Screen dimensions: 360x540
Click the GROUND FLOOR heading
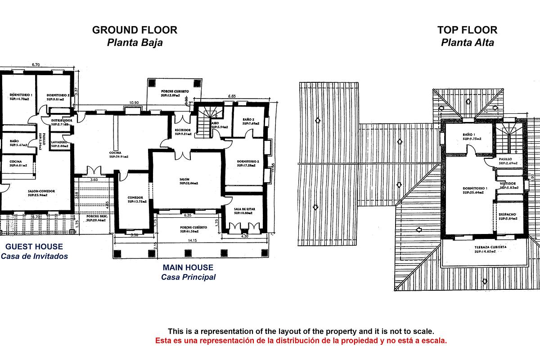point(135,30)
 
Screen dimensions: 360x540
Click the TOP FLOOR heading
point(467,30)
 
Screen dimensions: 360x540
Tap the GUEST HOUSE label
point(34,247)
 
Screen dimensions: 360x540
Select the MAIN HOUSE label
point(188,268)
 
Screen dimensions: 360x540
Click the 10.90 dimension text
point(134,103)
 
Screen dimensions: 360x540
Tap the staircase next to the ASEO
point(208,117)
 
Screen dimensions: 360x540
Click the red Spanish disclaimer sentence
point(301,341)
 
